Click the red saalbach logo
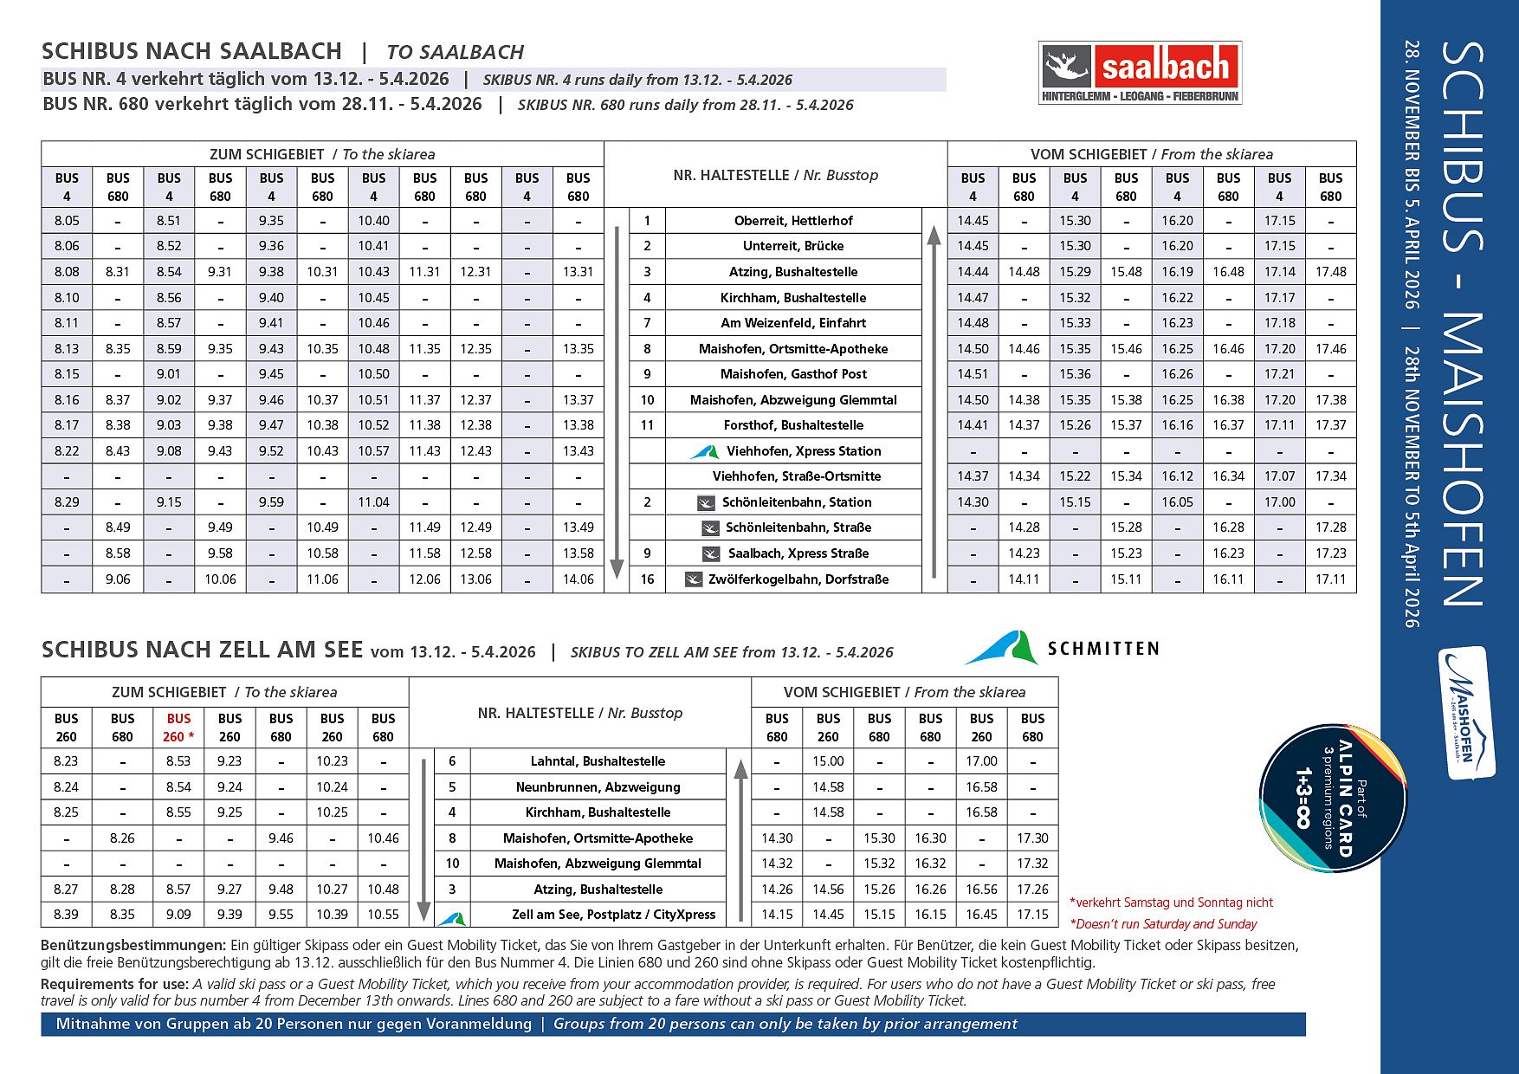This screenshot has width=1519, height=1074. [x=1140, y=73]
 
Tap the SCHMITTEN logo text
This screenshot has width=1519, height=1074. [x=1102, y=649]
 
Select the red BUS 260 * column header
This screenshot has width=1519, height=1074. [x=178, y=728]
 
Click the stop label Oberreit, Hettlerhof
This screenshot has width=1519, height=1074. [x=793, y=221]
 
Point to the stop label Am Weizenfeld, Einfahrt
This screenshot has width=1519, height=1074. [x=793, y=323]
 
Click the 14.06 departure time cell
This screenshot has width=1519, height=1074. [x=578, y=579]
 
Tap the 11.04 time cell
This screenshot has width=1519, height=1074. [x=373, y=502]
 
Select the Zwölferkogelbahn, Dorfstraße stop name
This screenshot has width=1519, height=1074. [x=798, y=579]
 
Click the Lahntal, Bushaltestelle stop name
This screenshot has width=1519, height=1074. [x=598, y=761]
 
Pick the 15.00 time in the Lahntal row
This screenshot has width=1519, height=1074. [x=828, y=761]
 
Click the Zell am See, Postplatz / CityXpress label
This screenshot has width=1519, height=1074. [x=613, y=915]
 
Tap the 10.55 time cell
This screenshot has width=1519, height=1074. [x=383, y=915]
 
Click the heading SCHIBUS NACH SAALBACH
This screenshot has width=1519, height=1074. [x=191, y=51]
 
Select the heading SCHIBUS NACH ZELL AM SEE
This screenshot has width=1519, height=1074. [x=202, y=650]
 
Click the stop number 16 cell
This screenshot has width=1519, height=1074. [x=647, y=579]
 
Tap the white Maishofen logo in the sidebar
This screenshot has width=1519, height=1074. [x=1466, y=713]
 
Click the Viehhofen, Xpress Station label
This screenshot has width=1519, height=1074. [x=803, y=451]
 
